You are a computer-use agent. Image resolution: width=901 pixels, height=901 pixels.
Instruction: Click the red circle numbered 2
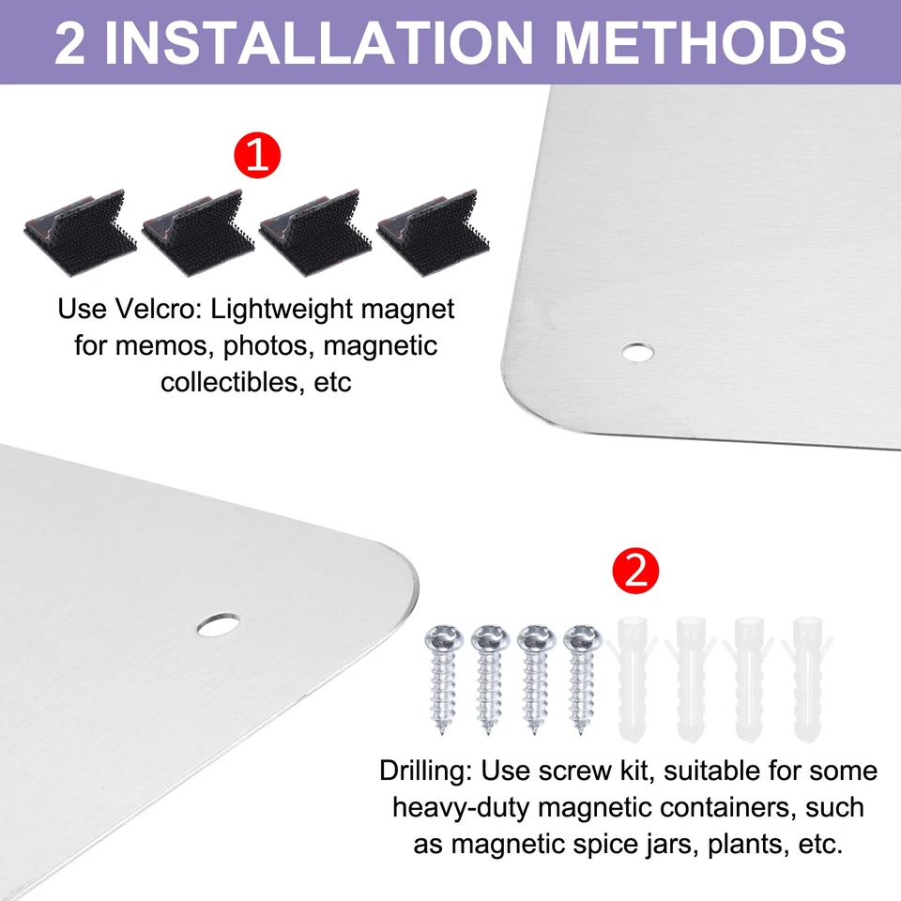pyautogui.click(x=635, y=571)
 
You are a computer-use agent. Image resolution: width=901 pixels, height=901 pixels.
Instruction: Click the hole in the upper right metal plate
pyautogui.click(x=638, y=352)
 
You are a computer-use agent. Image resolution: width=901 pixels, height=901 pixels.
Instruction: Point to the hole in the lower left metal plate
pyautogui.click(x=218, y=623)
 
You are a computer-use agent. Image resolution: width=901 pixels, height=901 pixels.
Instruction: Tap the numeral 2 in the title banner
pyautogui.click(x=71, y=42)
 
